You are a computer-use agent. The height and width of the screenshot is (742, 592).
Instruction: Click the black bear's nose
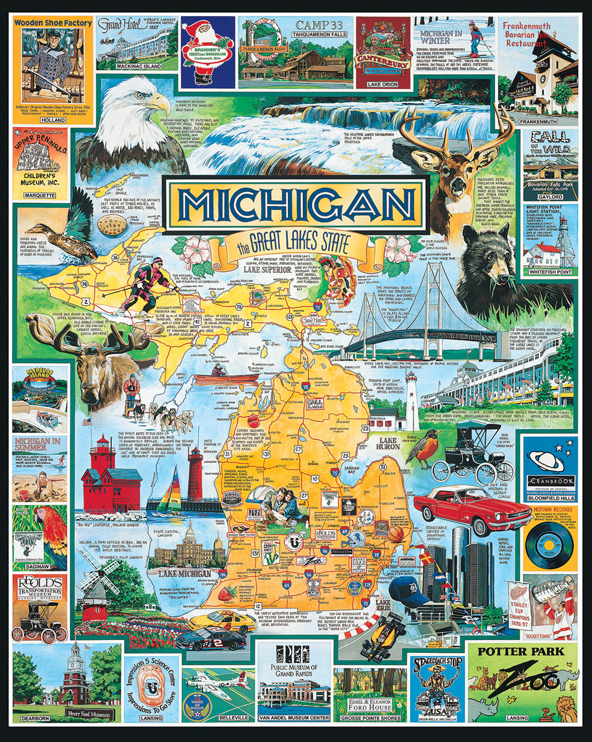point(475,258)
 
